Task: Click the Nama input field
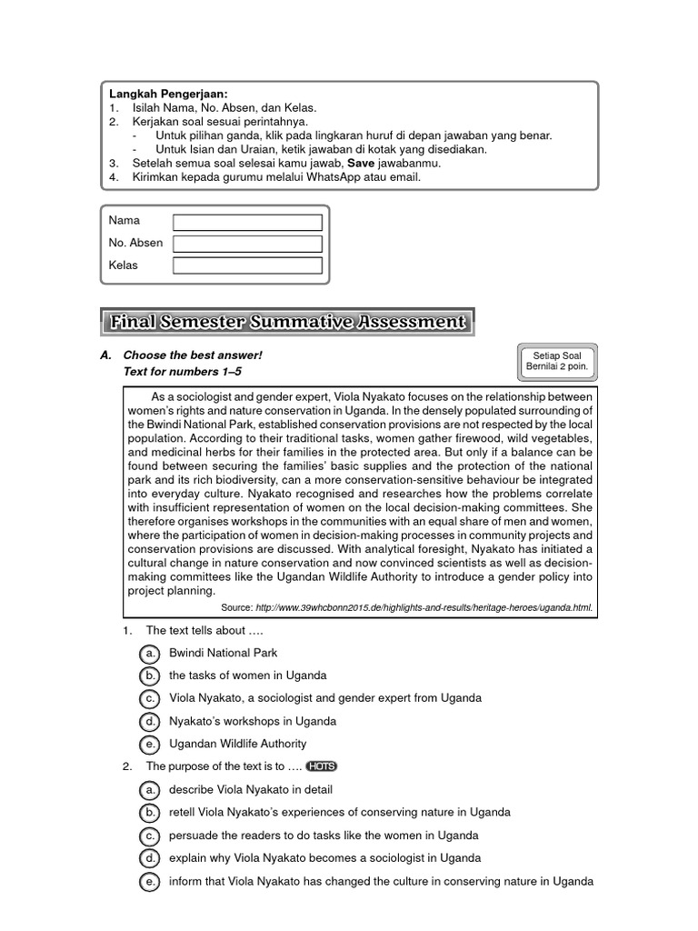[247, 223]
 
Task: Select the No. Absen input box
[247, 244]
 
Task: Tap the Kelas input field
[247, 265]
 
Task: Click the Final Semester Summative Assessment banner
[287, 322]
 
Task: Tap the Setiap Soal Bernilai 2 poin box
[557, 361]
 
